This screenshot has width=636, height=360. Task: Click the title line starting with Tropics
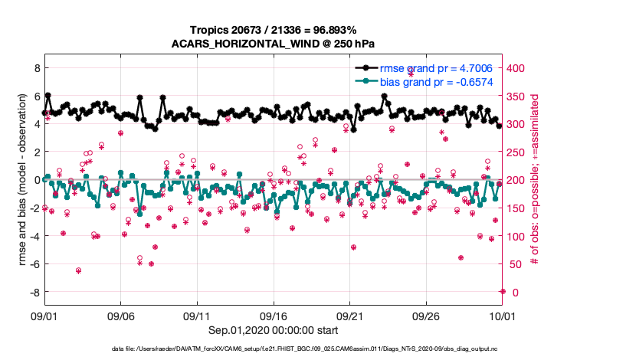[272, 29]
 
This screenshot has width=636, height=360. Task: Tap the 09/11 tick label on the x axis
[197, 315]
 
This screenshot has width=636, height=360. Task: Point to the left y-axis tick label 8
[34, 68]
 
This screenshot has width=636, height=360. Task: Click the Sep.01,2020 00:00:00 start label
[272, 332]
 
